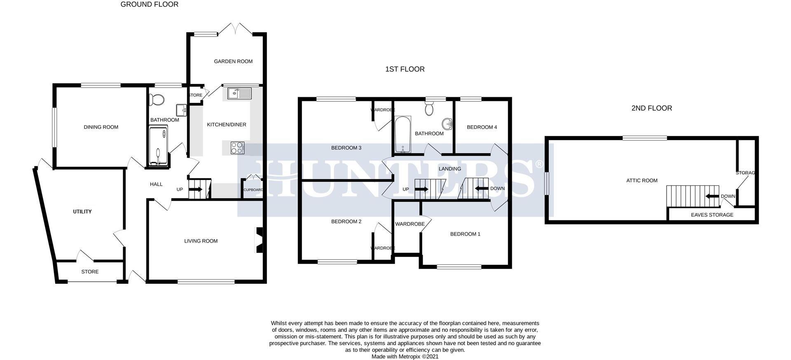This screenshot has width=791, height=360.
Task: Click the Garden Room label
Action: pyautogui.click(x=233, y=61)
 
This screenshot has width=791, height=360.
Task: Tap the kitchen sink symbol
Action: pyautogui.click(x=239, y=94)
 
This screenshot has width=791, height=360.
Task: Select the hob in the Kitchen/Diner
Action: pyautogui.click(x=237, y=147)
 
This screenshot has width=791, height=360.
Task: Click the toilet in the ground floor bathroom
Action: pyautogui.click(x=157, y=99)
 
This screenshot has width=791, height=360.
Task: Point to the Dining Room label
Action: pyautogui.click(x=101, y=127)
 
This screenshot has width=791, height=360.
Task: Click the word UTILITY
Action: pyautogui.click(x=82, y=212)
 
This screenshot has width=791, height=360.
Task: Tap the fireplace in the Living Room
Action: pyautogui.click(x=259, y=240)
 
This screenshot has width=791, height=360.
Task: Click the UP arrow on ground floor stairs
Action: pyautogui.click(x=195, y=189)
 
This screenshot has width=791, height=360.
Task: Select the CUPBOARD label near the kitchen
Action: pyautogui.click(x=253, y=190)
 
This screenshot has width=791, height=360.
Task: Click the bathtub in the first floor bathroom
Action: pyautogui.click(x=402, y=134)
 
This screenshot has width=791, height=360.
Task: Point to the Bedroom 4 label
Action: pyautogui.click(x=482, y=127)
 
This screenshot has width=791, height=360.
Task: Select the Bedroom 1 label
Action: pyautogui.click(x=465, y=234)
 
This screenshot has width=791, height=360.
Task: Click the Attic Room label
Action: pyautogui.click(x=641, y=180)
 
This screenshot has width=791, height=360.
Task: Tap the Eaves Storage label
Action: pyautogui.click(x=712, y=215)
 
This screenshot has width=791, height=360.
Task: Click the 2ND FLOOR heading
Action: pyautogui.click(x=651, y=108)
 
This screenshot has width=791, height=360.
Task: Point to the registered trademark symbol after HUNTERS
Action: pyautogui.click(x=538, y=164)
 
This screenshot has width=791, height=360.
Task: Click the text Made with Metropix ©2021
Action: pyautogui.click(x=405, y=357)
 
